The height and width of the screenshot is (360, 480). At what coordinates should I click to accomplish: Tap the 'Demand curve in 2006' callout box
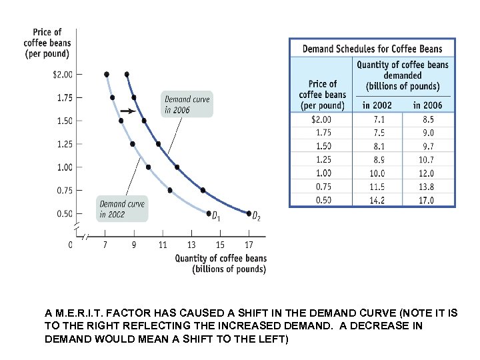point(187,103)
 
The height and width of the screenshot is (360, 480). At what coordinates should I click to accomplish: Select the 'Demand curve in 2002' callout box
point(121,209)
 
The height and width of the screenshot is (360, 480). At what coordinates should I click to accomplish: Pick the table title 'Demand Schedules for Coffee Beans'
point(372,49)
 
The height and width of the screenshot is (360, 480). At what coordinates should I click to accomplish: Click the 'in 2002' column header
point(377,105)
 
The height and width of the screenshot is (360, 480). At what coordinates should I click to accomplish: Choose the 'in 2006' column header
point(427,105)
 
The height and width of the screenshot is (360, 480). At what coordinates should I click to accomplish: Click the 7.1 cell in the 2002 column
point(377,119)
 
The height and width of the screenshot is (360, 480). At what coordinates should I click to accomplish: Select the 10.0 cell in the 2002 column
point(377,173)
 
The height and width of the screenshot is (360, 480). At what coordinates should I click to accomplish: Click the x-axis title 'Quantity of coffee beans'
point(221,259)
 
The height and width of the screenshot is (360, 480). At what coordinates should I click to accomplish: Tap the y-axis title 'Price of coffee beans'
point(47,43)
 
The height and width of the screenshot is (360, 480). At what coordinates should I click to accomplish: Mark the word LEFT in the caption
point(271,339)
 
